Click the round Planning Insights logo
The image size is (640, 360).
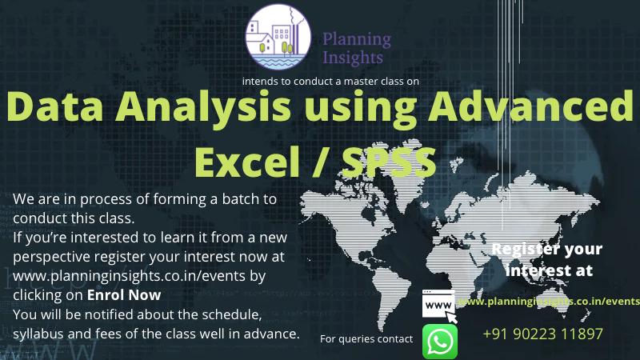click(278, 37)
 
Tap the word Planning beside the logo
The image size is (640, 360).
click(357, 40)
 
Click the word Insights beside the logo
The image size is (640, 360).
click(353, 58)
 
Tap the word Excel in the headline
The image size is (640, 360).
click(247, 162)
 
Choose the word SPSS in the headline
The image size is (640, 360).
click(389, 162)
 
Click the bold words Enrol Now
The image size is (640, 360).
click(124, 295)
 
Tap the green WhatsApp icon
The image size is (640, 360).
click(439, 342)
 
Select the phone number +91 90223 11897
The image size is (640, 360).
click(542, 334)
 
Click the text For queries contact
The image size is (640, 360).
click(366, 338)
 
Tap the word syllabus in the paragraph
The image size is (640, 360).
click(38, 334)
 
